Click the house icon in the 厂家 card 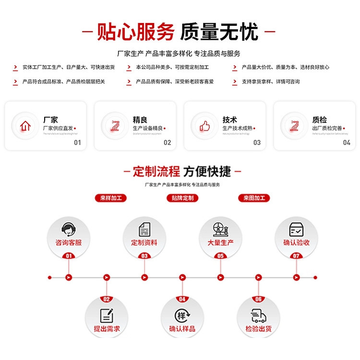click(25, 126)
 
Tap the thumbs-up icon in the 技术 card click(205, 126)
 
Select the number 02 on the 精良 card click(167, 143)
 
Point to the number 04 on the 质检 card click(347, 143)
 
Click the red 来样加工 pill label click(110, 198)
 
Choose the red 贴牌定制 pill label click(182, 198)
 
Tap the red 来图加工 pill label click(254, 198)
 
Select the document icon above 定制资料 click(144, 229)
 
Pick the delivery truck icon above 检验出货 click(258, 315)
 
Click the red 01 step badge click(69, 256)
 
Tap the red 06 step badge click(258, 299)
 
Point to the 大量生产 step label click(220, 243)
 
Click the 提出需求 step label click(107, 329)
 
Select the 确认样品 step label click(182, 329)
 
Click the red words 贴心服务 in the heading click(136, 32)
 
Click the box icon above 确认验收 click(296, 229)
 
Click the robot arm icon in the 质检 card click(294, 126)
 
